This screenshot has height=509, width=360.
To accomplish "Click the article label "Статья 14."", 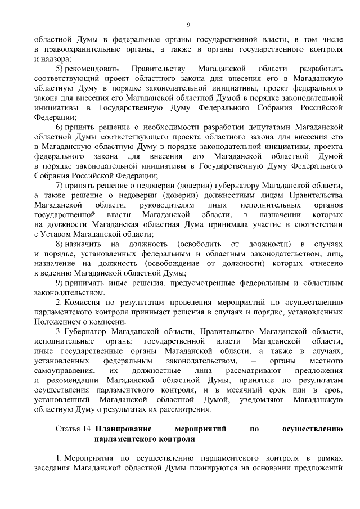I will (74, 429).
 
